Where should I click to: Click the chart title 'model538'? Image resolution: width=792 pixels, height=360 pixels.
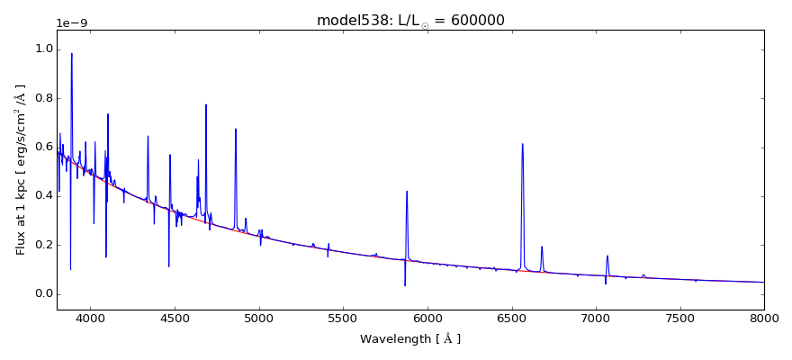click(x=350, y=20)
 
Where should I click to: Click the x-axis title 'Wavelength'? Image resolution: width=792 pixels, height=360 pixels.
click(x=410, y=339)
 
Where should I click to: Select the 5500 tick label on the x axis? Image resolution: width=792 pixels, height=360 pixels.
click(x=343, y=318)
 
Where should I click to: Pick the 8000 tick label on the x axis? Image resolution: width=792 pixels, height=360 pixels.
click(x=763, y=318)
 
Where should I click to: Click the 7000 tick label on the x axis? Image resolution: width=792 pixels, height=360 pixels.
click(x=596, y=318)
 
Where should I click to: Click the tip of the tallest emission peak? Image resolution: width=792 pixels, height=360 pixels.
click(x=72, y=53)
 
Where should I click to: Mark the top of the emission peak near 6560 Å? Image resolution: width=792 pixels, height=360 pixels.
click(x=522, y=144)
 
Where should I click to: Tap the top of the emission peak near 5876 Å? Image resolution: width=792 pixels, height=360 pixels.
click(x=407, y=191)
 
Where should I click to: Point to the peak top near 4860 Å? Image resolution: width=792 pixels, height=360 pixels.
click(x=236, y=129)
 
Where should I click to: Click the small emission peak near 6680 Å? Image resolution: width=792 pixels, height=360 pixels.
click(x=542, y=247)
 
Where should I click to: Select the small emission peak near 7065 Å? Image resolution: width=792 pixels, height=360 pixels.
click(x=607, y=256)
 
